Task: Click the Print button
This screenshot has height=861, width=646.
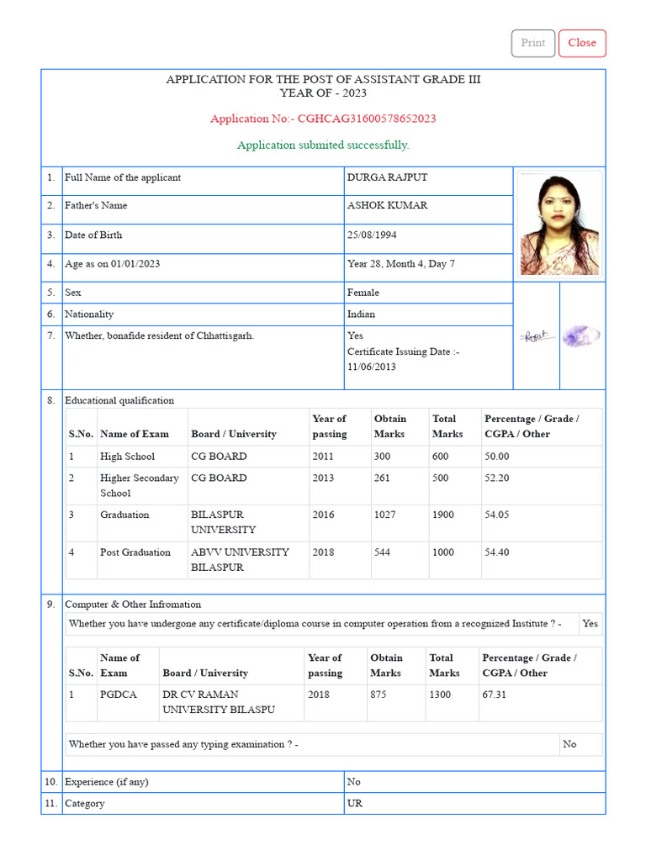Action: pyautogui.click(x=532, y=43)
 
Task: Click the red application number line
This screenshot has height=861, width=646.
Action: pyautogui.click(x=323, y=119)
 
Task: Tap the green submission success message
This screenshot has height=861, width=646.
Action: pyautogui.click(x=323, y=145)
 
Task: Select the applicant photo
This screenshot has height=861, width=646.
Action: pyautogui.click(x=559, y=224)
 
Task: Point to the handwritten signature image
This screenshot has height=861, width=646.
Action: pyautogui.click(x=536, y=336)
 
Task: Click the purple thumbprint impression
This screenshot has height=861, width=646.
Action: pyautogui.click(x=581, y=336)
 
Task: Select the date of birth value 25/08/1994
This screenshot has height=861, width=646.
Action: pyautogui.click(x=374, y=235)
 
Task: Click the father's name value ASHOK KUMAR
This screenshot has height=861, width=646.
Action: pyautogui.click(x=387, y=206)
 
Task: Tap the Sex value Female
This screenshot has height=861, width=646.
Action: pyautogui.click(x=363, y=293)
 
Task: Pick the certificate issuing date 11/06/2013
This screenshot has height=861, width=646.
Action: pyautogui.click(x=372, y=367)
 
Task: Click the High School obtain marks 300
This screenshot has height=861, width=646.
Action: pyautogui.click(x=383, y=457)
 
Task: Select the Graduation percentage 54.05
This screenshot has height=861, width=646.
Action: pyautogui.click(x=496, y=515)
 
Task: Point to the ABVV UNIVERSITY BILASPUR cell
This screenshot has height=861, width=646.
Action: pyautogui.click(x=240, y=560)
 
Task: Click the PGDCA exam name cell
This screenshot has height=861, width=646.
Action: pyautogui.click(x=118, y=695)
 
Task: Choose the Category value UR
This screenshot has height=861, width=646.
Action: pyautogui.click(x=355, y=803)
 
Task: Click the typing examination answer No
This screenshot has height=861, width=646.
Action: pyautogui.click(x=569, y=744)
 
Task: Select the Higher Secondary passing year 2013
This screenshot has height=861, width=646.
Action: pyautogui.click(x=323, y=478)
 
